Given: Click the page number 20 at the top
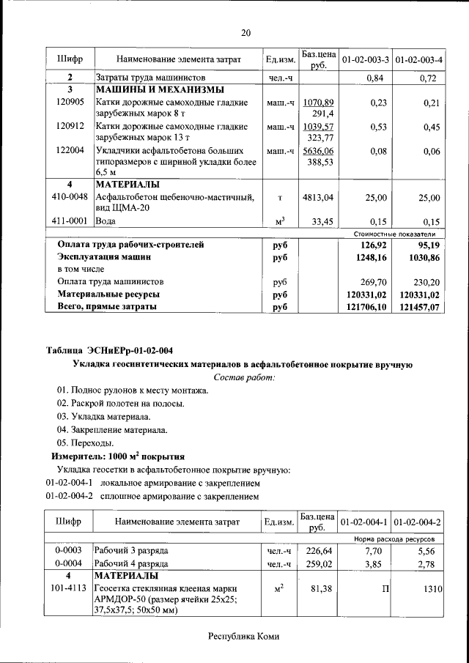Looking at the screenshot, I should (245, 32).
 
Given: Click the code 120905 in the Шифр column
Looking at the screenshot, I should (70, 103).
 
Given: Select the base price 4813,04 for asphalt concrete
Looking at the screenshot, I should (318, 198).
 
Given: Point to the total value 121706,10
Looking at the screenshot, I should (365, 308).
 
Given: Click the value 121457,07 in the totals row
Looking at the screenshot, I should (419, 308).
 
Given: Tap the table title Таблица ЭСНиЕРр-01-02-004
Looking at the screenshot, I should (110, 349).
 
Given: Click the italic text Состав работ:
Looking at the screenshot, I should (245, 377).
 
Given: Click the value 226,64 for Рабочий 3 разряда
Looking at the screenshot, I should (319, 550).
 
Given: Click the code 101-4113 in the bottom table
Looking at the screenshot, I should (70, 588).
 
